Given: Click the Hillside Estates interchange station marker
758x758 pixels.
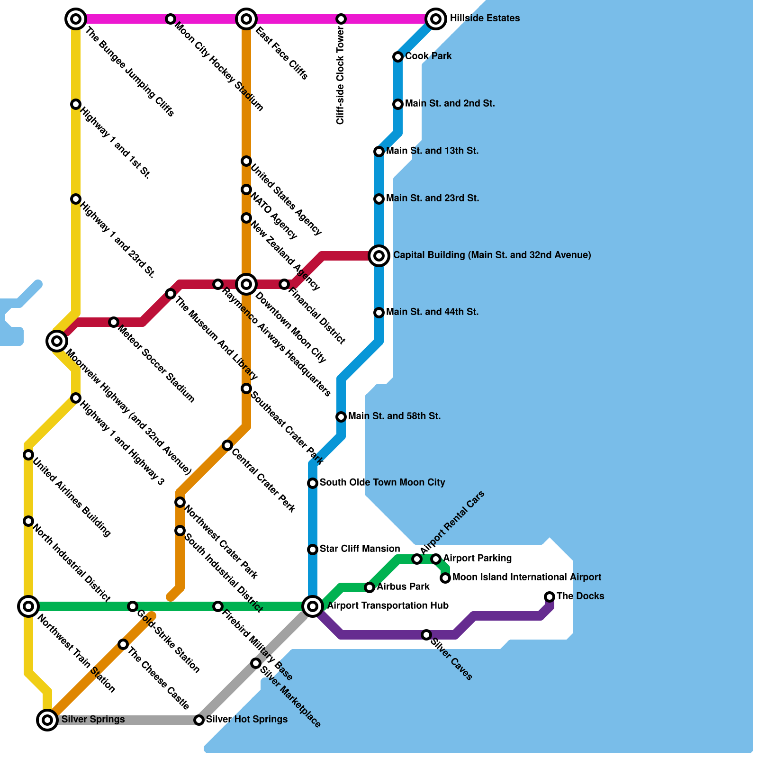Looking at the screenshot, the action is point(436,19).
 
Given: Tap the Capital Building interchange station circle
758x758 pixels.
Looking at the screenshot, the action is point(379,256).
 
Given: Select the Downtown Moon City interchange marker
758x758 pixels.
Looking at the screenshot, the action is point(246,284).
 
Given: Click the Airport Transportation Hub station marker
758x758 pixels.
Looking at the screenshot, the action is point(313,606).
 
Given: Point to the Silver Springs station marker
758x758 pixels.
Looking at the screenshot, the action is point(47,720).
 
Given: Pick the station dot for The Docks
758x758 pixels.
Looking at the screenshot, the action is point(550,596).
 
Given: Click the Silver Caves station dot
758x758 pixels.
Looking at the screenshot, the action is point(426,634).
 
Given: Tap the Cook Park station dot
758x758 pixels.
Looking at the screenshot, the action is point(398,57).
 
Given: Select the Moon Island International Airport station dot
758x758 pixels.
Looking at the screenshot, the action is point(445,578).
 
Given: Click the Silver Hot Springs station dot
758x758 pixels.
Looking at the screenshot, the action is point(199,720).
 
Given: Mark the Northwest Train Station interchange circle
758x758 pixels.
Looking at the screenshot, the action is point(28,606).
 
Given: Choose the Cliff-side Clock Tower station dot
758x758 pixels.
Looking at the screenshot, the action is point(341,19).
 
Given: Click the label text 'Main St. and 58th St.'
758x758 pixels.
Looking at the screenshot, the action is point(394,416).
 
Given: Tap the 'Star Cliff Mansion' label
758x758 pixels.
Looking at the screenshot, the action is point(360,549).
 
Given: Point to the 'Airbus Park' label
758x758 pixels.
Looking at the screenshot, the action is point(403,587).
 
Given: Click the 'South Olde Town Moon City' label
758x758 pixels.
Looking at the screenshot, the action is point(382,483).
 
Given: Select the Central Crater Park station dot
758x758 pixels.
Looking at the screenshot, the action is point(227,445).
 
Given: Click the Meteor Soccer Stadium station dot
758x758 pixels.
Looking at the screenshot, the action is point(114,322).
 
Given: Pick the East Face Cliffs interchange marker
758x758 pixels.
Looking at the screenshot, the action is point(246,19).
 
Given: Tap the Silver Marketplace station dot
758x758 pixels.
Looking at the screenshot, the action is point(256,663).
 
